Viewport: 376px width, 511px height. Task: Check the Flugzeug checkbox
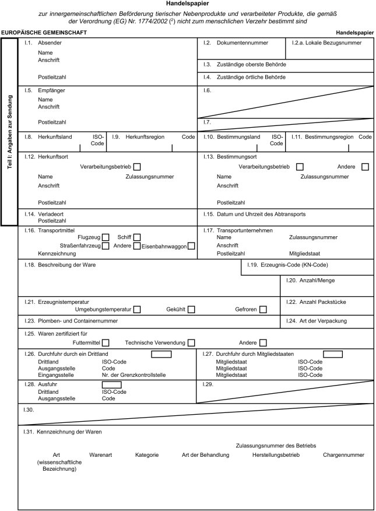pos(106,237)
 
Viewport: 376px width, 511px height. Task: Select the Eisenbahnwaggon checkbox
pos(191,246)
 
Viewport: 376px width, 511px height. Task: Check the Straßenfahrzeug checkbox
pos(106,246)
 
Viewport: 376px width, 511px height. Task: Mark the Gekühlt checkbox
pos(191,309)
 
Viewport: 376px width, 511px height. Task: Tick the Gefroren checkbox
pos(263,309)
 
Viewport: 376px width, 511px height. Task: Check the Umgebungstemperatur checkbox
pos(137,309)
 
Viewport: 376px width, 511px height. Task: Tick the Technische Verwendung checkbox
pos(191,342)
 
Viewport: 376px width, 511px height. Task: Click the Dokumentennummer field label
pos(242,43)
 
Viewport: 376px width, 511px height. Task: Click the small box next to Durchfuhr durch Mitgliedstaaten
pos(332,353)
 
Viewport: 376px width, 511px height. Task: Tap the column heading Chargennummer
pos(343,454)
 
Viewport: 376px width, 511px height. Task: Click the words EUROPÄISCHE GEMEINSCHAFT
pos(44,33)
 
